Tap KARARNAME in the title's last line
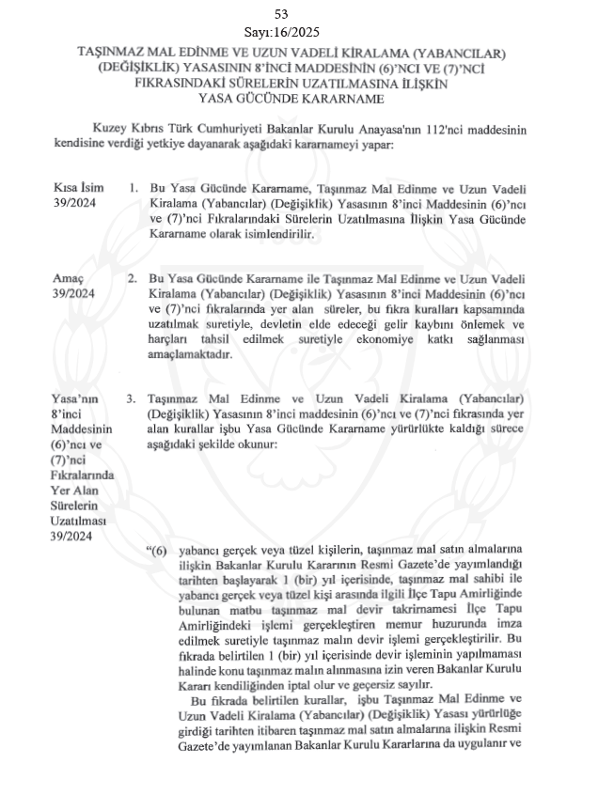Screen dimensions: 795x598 point(339,98)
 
